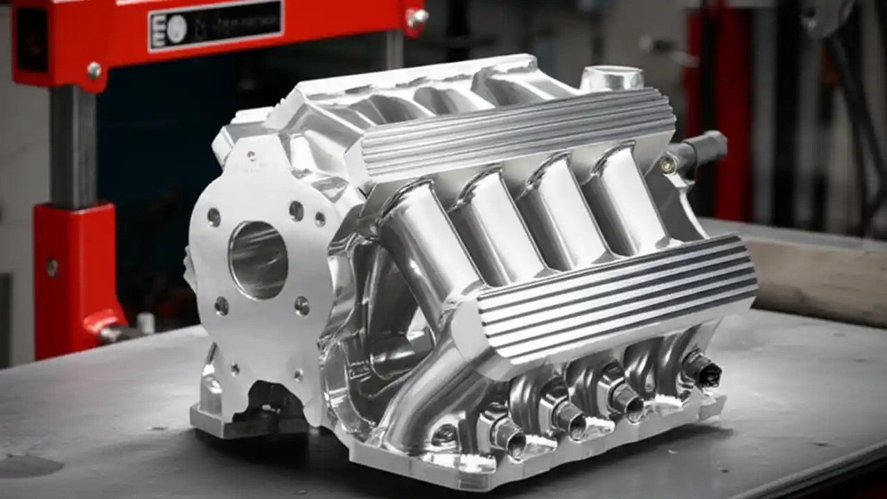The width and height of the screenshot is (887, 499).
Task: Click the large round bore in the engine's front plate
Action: point(258,260)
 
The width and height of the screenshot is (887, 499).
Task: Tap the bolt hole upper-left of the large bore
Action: point(213,217)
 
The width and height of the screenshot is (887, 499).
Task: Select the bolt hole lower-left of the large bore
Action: point(221,306)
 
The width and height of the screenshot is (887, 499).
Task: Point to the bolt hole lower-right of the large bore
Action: point(302,306)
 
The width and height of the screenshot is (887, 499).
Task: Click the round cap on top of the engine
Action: point(611,78)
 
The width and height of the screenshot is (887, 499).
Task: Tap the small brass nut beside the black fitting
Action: point(667,164)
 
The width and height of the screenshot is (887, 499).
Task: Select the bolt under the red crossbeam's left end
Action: point(94,70)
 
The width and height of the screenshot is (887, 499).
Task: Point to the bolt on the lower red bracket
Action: point(52,268)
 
